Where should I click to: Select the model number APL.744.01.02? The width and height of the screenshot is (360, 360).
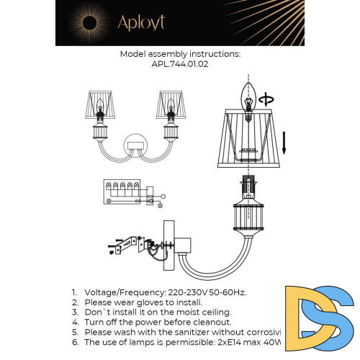coord(180,64)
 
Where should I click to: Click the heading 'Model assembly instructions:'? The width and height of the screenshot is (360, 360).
coord(180,54)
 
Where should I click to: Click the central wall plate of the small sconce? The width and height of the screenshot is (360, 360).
coord(135,145)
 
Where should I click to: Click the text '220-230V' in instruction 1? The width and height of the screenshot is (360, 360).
coord(174,292)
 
